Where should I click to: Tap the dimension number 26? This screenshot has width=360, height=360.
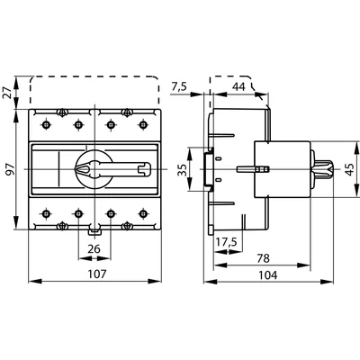click(x=94, y=248)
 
